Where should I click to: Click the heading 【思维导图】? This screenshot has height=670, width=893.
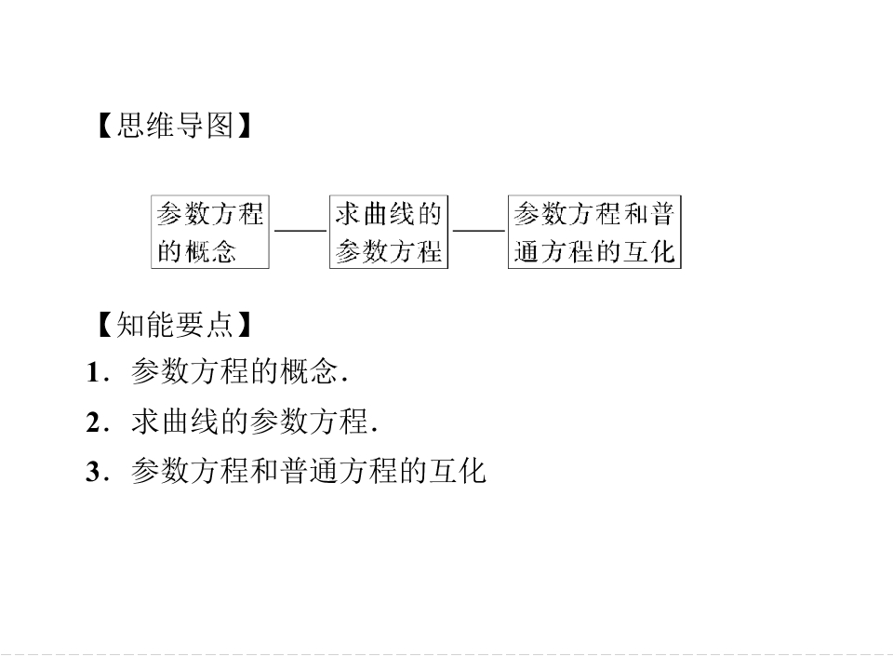tap(175, 126)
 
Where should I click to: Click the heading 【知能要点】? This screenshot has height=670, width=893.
tap(175, 325)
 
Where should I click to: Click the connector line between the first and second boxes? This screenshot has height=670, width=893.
tap(300, 231)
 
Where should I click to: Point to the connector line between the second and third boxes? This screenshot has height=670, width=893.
tap(478, 231)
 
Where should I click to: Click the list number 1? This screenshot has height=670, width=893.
tap(93, 373)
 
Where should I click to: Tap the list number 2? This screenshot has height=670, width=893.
tap(93, 422)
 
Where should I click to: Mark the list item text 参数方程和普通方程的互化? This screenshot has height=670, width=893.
tap(308, 471)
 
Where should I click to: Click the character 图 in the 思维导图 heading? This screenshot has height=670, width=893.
tap(220, 126)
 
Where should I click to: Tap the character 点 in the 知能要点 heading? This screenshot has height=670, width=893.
tap(220, 325)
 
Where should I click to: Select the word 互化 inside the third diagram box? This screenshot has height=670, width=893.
tap(648, 251)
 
